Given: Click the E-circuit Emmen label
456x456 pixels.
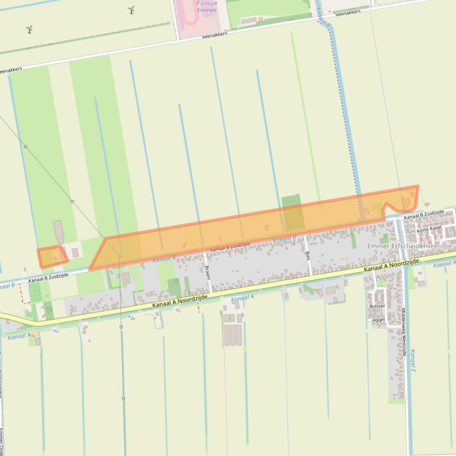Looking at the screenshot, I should (207, 7).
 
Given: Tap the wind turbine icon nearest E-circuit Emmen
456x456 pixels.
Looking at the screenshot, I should (131, 9).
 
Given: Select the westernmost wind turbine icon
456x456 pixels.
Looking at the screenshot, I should (29, 29).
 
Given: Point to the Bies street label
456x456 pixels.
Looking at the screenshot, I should (308, 255).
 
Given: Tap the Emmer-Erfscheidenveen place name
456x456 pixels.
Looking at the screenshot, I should (404, 246).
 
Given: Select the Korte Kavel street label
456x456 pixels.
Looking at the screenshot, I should (429, 229).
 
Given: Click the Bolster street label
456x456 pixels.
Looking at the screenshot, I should (377, 306).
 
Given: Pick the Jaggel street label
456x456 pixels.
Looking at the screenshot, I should (378, 319).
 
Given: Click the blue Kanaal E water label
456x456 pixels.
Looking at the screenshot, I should (413, 361).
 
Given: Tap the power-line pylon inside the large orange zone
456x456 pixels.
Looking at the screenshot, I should (120, 256).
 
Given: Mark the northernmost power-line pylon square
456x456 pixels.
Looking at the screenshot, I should (25, 146).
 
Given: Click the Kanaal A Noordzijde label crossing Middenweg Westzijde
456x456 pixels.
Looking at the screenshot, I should (391, 266).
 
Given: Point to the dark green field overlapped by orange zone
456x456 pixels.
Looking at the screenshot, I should (293, 213).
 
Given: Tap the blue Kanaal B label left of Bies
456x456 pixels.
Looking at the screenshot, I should (284, 239).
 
